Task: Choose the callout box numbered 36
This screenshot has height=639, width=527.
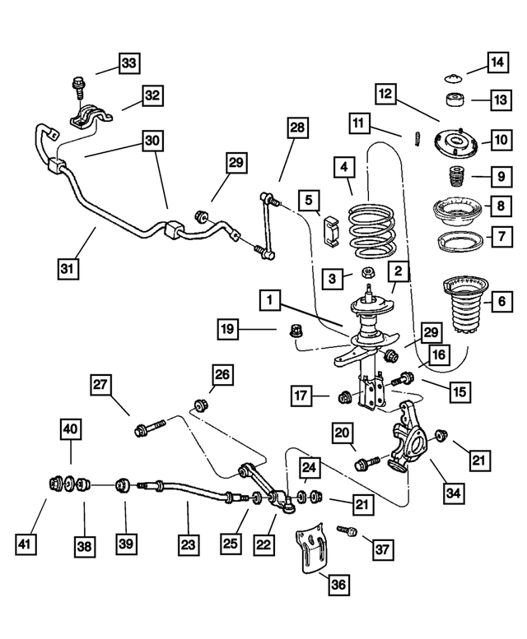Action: (339, 585)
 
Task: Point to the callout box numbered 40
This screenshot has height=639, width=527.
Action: (71, 428)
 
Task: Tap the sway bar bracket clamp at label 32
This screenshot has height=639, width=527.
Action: (88, 119)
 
